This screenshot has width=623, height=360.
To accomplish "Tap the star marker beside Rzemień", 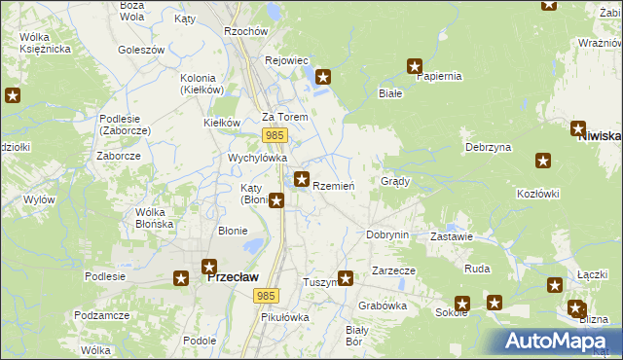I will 303,179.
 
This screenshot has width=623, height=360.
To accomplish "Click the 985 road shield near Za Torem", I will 274,135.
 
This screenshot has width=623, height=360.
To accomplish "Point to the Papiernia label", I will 437,76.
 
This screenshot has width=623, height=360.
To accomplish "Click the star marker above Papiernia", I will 414,67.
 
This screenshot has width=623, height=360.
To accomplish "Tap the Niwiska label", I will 599,137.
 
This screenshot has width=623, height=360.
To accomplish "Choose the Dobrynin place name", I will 386,234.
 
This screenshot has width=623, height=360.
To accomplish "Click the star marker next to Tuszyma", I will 345,277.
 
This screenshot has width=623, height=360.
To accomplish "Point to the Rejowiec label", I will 286,60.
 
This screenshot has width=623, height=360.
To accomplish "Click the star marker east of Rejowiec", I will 324,76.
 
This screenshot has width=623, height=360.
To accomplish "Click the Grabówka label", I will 382,305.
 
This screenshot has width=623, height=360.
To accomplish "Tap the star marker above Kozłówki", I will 543,162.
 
